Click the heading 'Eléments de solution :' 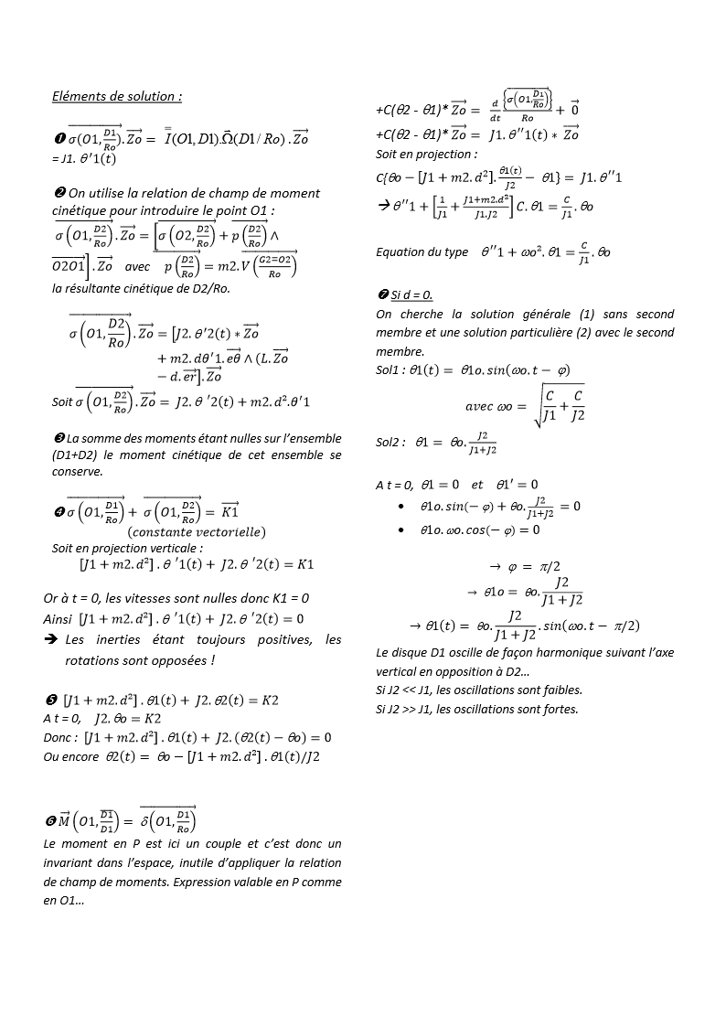click(117, 96)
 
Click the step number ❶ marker click(58, 139)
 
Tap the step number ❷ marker click(58, 193)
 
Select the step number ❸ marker click(58, 438)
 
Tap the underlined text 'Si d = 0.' click(411, 294)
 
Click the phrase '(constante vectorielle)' click(196, 531)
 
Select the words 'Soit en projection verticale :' click(127, 548)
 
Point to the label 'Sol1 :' click(393, 369)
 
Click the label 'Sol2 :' click(393, 441)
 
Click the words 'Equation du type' click(422, 251)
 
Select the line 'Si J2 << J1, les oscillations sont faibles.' click(478, 690)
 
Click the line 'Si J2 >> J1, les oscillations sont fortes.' click(476, 709)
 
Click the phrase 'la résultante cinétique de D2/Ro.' click(141, 288)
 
